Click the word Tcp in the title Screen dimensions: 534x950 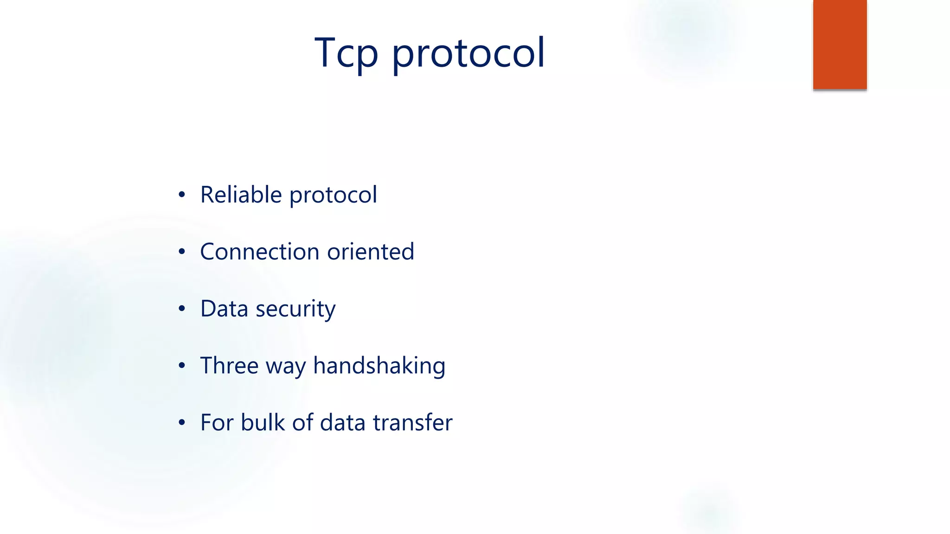[346, 53]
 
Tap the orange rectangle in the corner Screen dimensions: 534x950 [840, 44]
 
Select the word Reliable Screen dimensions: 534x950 [241, 195]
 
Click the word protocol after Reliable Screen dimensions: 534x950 [333, 196]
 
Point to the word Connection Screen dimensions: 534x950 [260, 252]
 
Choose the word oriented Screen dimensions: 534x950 [370, 252]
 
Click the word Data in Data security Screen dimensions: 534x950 [224, 309]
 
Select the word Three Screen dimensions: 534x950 [229, 366]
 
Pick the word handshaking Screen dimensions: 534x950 [379, 366]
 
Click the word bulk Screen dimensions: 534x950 [263, 422]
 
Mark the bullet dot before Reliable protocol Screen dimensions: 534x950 [182, 195]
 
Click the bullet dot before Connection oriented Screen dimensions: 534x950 [182, 252]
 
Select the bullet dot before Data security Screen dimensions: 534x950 [182, 309]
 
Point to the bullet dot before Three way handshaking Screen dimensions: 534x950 [182, 366]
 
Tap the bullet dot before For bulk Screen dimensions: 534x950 [182, 423]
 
